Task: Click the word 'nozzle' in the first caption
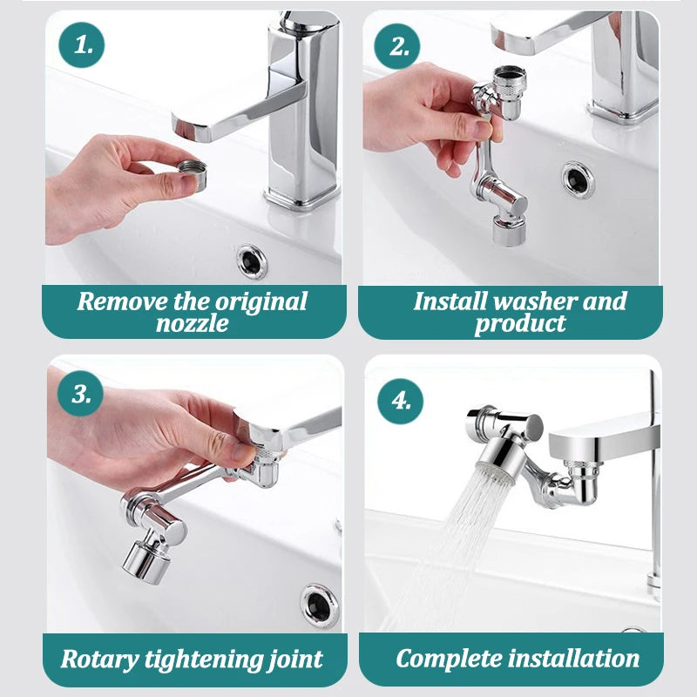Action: pos(193,324)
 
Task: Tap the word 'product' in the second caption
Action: pos(520,324)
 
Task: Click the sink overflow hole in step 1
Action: pos(252,260)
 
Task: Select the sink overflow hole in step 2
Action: pos(578,179)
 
